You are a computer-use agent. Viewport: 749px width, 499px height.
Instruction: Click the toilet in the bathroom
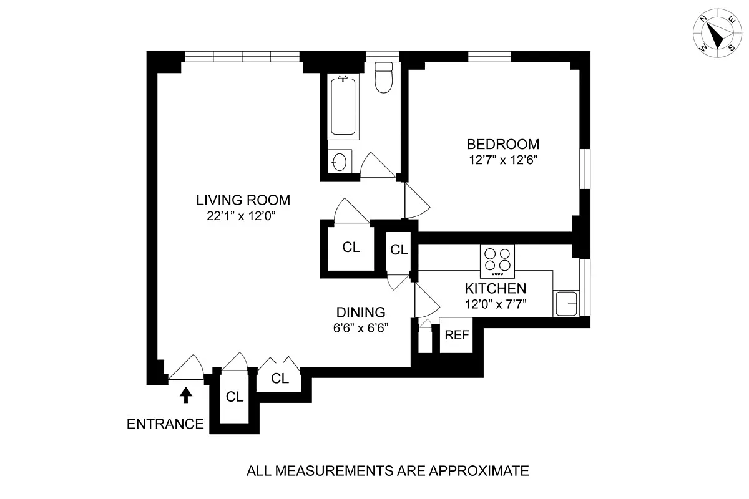tap(383, 77)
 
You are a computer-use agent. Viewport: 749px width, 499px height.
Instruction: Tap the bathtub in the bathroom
tap(343, 106)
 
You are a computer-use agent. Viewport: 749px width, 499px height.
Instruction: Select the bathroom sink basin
tap(340, 162)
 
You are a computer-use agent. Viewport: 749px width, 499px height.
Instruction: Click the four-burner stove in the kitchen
tap(497, 261)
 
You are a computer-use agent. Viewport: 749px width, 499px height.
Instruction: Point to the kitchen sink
tap(565, 303)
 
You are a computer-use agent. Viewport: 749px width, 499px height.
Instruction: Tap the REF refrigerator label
tap(457, 335)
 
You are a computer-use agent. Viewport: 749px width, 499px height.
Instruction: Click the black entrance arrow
tap(186, 395)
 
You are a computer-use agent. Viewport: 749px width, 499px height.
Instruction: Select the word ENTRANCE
tap(165, 424)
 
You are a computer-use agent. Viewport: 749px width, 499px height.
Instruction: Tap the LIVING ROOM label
tap(243, 200)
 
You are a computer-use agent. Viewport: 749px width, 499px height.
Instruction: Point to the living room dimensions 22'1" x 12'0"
tap(241, 216)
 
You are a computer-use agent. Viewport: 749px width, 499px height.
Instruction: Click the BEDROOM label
tap(503, 144)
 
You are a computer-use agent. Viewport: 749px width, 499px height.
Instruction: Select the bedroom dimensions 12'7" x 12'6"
tap(503, 160)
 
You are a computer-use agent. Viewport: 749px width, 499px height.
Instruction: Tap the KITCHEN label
tap(496, 288)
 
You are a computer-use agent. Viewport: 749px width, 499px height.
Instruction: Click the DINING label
tap(361, 312)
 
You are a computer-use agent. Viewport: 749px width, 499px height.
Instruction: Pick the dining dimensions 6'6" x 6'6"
tap(361, 328)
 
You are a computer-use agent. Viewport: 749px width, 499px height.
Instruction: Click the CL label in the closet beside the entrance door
tap(235, 397)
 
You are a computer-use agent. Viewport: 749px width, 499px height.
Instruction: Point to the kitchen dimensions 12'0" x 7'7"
tap(496, 304)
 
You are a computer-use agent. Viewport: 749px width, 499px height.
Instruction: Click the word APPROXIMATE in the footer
tap(479, 471)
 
